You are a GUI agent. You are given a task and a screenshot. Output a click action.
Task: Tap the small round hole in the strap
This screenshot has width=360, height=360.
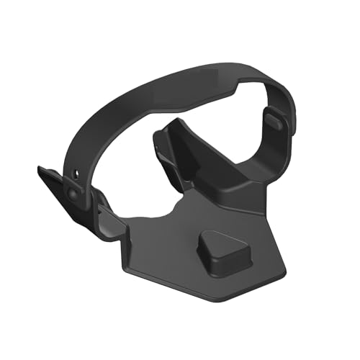click(x=76, y=172)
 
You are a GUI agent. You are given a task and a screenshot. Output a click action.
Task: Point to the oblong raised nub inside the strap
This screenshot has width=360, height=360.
click(x=274, y=118)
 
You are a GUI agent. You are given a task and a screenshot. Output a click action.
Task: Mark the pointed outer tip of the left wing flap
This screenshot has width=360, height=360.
click(x=40, y=169)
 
